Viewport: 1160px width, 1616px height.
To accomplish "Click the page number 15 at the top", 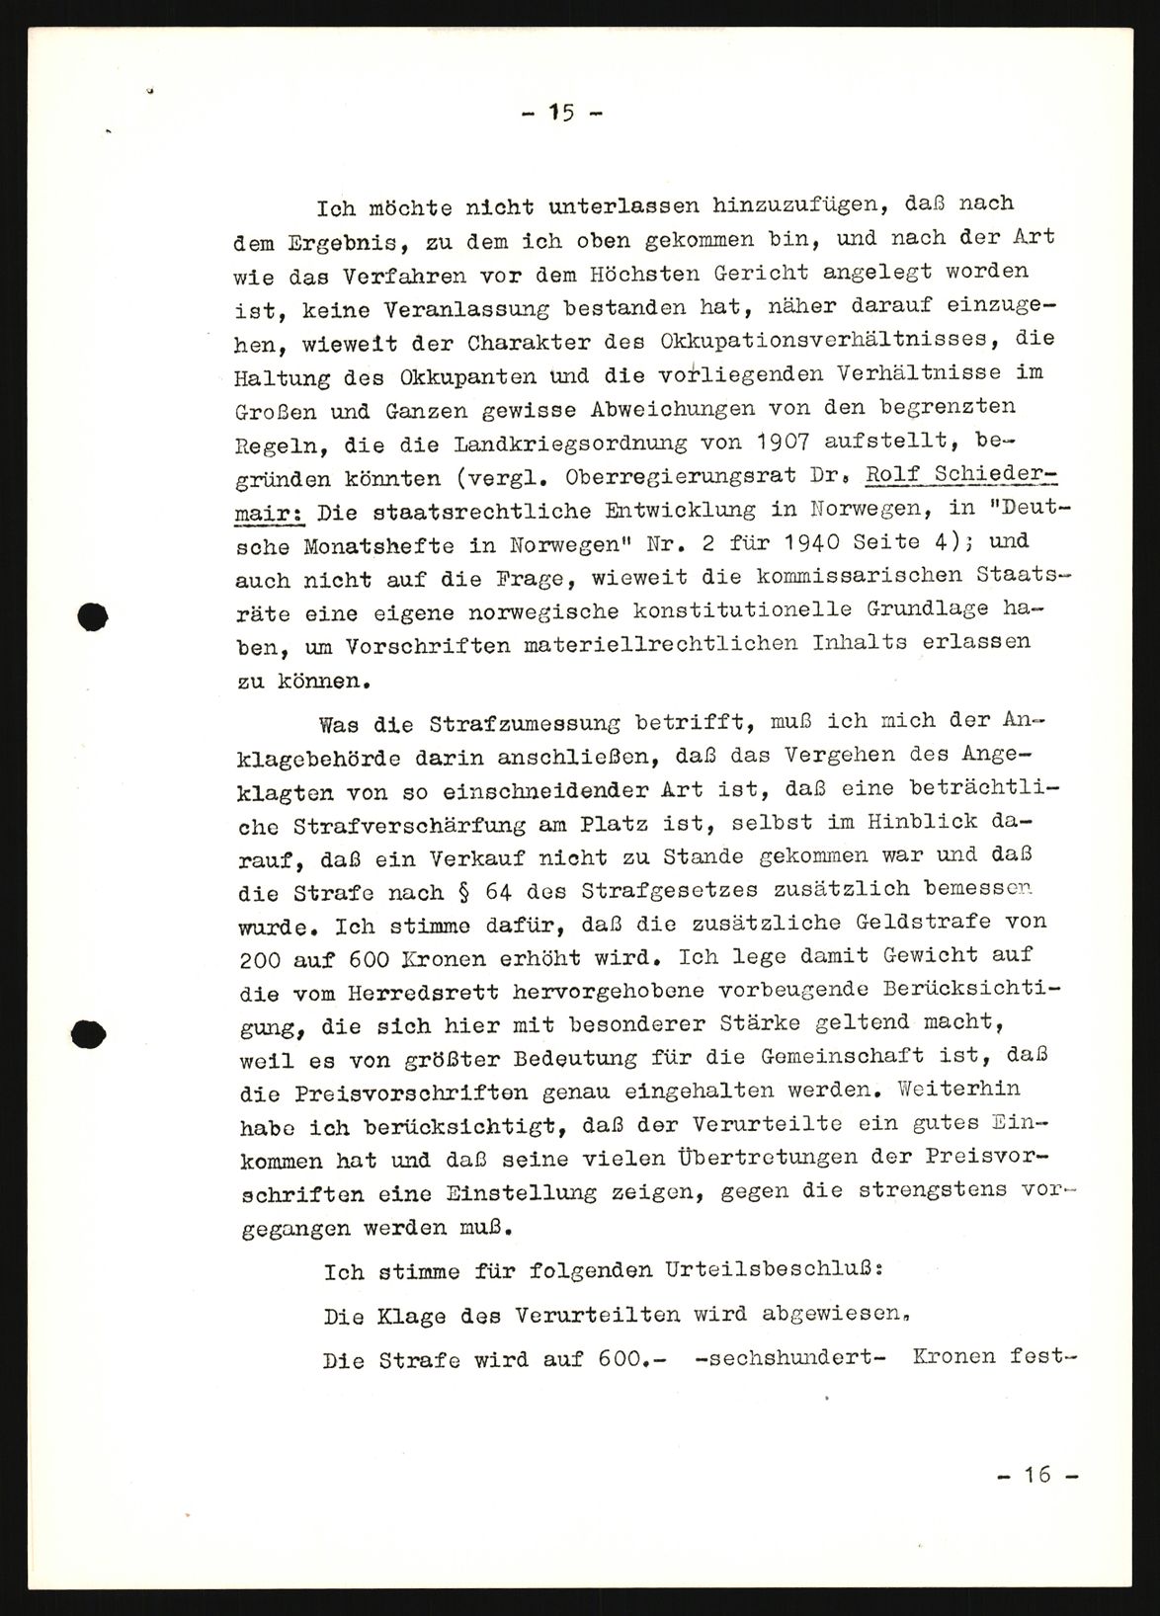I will (562, 112).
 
